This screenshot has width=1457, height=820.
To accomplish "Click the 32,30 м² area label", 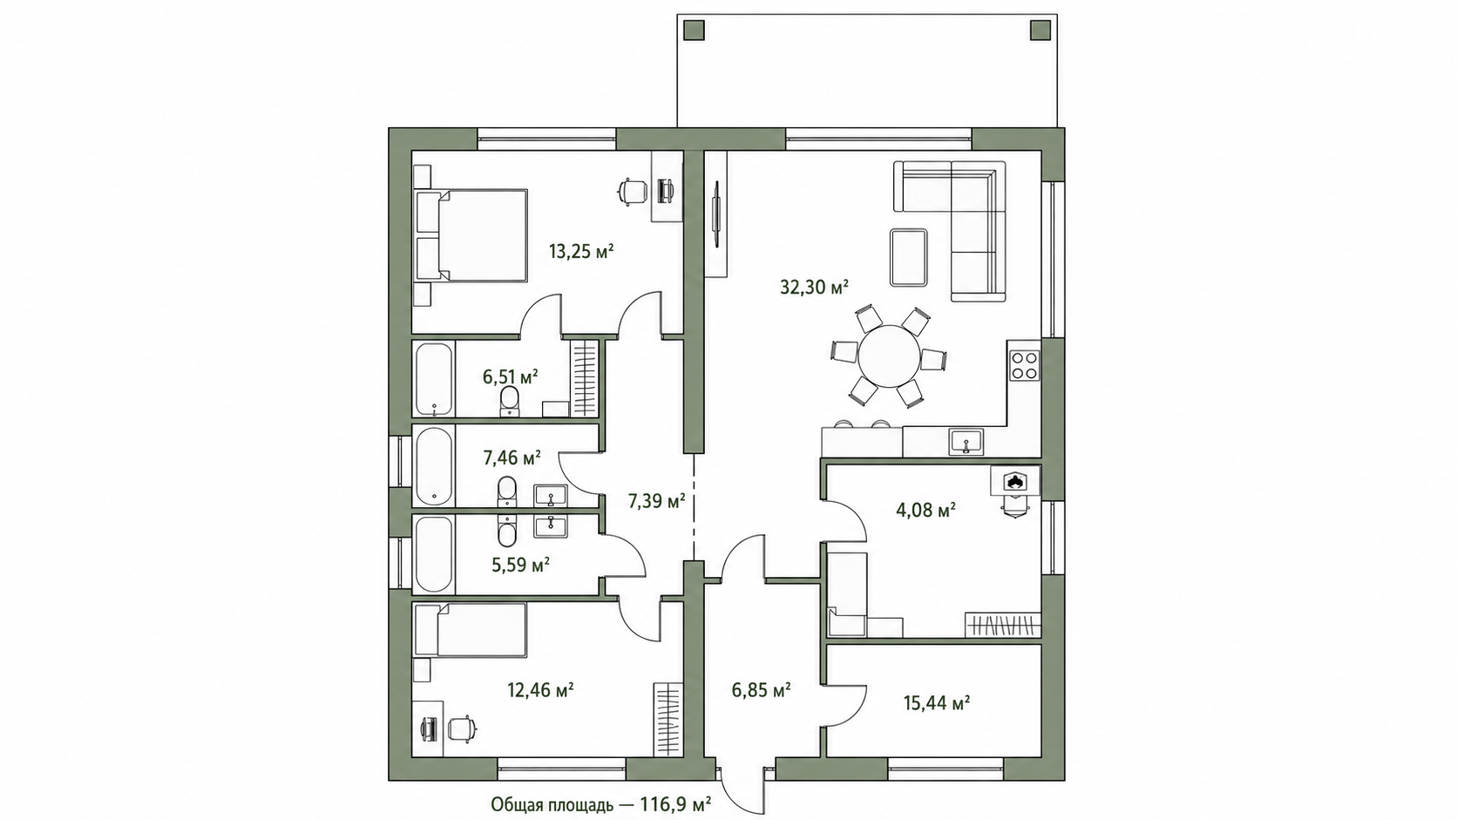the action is point(814,287).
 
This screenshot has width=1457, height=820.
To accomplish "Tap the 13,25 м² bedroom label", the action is point(581,251).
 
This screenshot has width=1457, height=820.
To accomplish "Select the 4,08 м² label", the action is point(925,511).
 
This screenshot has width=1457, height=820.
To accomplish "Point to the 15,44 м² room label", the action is point(937,703).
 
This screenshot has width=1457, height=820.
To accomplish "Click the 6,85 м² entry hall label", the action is point(761,690).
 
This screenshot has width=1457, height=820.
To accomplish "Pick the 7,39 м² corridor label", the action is point(656,501).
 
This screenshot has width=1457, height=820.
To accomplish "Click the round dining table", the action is point(889,356).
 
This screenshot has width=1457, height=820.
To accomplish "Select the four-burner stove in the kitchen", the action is point(1024,365).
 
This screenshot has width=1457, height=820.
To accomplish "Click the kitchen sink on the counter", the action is point(966,442).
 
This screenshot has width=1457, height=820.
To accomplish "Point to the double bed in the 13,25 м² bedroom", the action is point(471,236).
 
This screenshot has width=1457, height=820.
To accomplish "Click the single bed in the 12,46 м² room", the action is point(471,629).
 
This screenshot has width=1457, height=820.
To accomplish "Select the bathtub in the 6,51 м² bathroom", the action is point(433,379).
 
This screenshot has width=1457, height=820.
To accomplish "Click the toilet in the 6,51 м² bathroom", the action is point(509,401).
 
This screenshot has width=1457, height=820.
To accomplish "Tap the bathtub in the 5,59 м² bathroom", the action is point(434,553).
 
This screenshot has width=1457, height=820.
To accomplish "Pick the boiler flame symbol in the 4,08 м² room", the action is point(1014,482).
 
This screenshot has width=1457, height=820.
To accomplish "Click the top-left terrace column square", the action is point(694,30).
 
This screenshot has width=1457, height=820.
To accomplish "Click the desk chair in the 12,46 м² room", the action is point(461,727).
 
